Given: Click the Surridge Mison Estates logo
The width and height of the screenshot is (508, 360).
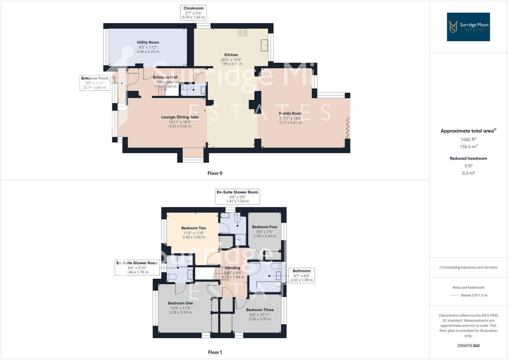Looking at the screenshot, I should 468,27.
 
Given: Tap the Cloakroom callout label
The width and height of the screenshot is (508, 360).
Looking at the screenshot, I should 193,13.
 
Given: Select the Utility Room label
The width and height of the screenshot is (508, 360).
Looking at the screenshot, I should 148,42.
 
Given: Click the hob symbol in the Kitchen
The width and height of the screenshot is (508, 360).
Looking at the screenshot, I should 242,32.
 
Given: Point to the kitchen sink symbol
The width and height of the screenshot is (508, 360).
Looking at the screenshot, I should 264,45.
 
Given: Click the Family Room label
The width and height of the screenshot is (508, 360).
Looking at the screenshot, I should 290,113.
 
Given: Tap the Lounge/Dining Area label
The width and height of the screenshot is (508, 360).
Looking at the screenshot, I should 180,117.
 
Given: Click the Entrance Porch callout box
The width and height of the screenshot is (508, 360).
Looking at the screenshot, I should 95,83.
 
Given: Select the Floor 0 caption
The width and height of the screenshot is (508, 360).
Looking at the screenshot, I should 215,173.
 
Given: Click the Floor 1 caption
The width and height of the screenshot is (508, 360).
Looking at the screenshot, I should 215,352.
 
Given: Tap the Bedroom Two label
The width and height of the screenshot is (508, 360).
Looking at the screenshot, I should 194,228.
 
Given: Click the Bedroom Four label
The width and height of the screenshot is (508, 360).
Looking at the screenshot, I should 265,227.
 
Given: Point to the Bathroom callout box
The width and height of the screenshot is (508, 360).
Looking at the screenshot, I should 302,275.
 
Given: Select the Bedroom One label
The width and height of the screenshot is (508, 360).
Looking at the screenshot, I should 181,303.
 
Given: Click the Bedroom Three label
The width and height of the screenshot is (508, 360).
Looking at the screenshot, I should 260,310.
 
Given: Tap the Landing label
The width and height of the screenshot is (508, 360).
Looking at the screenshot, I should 233,268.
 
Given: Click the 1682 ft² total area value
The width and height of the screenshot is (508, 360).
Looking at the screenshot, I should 468,139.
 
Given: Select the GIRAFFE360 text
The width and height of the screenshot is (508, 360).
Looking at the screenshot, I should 468,346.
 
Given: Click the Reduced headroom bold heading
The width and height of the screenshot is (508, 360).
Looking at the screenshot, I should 468,158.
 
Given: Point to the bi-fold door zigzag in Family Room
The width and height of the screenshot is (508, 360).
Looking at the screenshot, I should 348,128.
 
